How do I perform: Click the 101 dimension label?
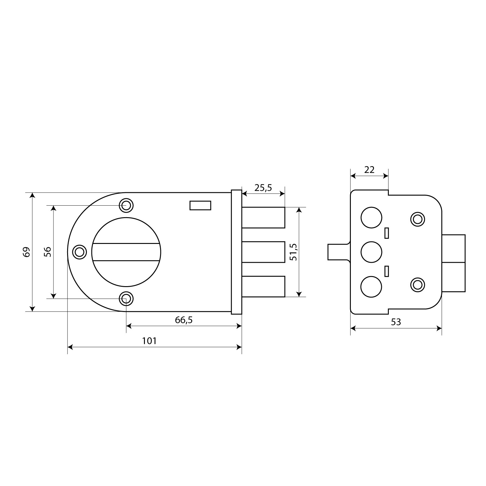149,341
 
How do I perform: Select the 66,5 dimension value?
184,320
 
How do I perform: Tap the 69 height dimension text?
27,252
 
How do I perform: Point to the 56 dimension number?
47,252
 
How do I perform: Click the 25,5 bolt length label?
263,188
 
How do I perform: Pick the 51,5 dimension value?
293,252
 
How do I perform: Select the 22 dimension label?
369,169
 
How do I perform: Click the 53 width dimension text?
396,322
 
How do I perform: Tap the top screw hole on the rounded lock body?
126,205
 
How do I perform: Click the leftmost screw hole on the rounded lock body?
79,252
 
